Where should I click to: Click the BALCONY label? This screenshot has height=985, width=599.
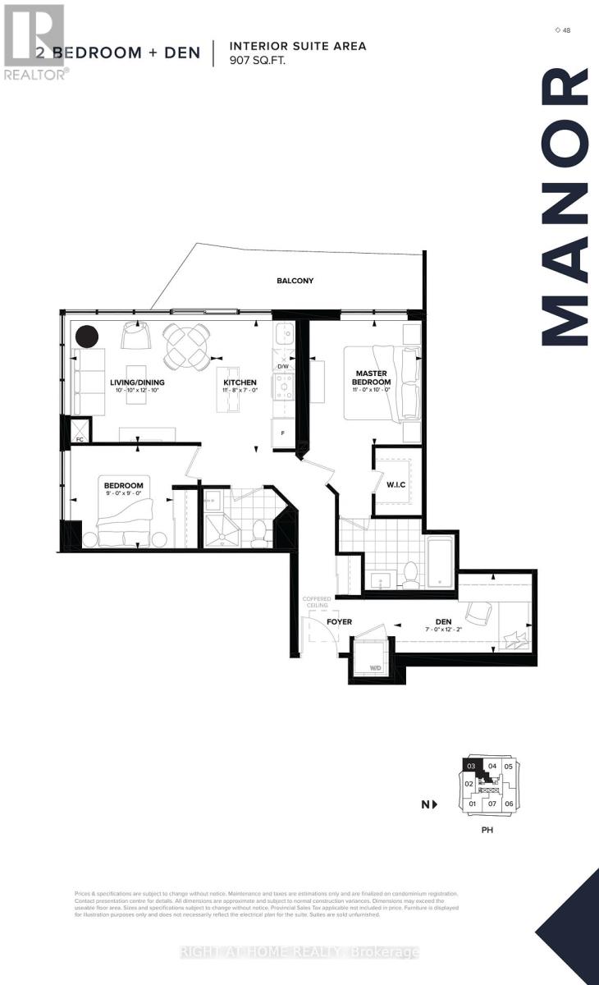pos(295,281)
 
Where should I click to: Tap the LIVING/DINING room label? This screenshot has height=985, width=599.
pos(137,383)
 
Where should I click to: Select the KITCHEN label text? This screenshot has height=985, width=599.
pos(240,383)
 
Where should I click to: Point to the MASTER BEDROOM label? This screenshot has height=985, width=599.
pos(371,378)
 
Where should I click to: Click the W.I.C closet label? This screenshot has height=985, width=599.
pos(396,484)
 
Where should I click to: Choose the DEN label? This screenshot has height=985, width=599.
pos(443,622)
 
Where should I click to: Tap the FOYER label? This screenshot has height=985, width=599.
pos(339,622)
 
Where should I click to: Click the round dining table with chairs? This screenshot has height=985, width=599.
pos(185,346)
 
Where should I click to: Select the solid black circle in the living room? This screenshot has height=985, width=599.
pos(87,337)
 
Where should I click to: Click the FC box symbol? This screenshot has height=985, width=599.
pos(80,430)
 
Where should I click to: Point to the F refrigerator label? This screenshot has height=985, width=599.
pos(283,432)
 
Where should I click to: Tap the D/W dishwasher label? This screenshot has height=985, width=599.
pos(282,368)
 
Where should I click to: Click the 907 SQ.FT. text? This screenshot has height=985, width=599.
pos(258,61)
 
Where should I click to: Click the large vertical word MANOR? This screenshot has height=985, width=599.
pos(567,207)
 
